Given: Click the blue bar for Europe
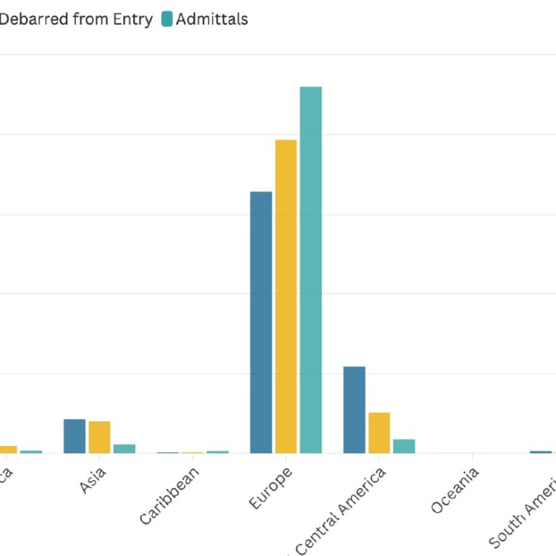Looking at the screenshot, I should coord(261,322).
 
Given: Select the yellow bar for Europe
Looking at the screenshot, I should coord(286,296).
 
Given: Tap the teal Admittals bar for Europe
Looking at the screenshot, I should coord(311,269).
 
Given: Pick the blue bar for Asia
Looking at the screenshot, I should coord(75,436).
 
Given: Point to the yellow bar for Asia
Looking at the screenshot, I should coord(99,437).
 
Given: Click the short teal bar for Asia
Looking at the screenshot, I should coord(125,448).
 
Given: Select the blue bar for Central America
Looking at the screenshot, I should coord(354,410).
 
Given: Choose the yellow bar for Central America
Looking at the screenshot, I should coord(379,432).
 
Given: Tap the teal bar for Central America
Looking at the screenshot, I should coord(404,446).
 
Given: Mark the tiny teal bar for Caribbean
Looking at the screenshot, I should coord(217,452).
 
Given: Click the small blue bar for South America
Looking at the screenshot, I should coord(540,452).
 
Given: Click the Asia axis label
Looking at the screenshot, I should coord(93,481).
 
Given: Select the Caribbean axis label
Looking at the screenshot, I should coord(169,496).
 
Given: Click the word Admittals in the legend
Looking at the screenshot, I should coord(211,20).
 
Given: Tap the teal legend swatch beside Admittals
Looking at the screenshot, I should coord(167,20).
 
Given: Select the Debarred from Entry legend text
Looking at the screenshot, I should coord(75,20).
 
